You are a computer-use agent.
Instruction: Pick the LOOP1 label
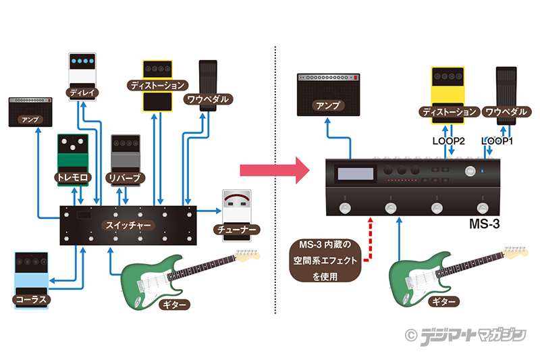[497, 141]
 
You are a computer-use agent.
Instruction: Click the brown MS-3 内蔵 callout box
[326, 259]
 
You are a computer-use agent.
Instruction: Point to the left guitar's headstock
[248, 255]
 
